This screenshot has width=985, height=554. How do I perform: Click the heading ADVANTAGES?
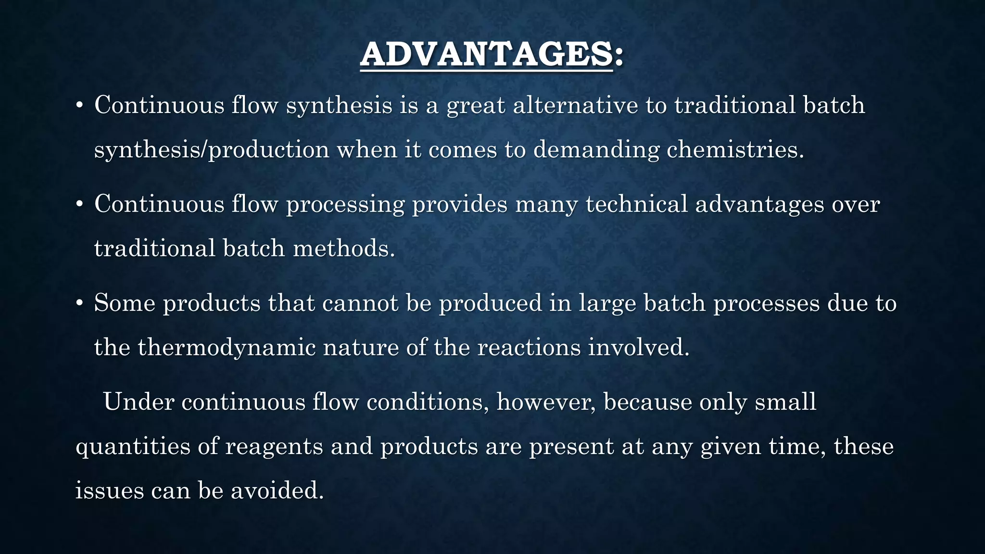(491, 54)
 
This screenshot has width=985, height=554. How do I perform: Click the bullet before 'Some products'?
(80, 304)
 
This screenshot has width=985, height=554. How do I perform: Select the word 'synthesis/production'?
(212, 150)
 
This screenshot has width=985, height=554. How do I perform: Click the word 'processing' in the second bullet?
(345, 204)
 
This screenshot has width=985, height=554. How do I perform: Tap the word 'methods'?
(343, 249)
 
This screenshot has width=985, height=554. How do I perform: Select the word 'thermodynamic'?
(227, 347)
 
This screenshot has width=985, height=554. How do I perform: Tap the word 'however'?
(546, 402)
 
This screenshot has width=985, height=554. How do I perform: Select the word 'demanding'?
(596, 150)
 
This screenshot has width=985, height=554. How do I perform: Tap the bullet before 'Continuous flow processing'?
(80, 205)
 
